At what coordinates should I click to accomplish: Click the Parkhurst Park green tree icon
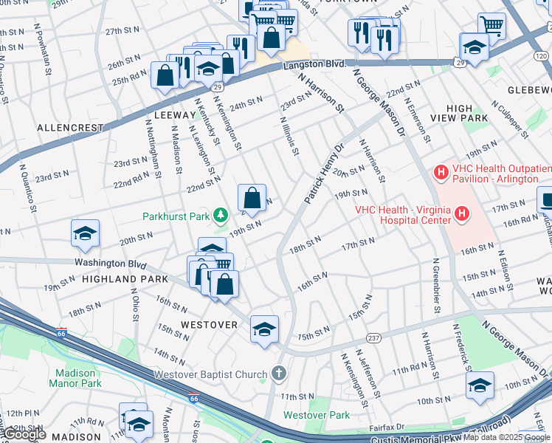coord(220,216)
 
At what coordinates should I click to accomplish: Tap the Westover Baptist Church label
coord(210,374)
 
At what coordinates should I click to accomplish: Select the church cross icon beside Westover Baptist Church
coord(278,374)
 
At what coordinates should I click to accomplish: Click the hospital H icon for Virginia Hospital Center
coord(462,214)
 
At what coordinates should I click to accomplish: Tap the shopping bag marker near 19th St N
coord(252,198)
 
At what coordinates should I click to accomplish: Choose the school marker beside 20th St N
coord(85,233)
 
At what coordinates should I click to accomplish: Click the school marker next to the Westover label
coord(264,329)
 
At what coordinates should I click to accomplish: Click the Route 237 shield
coord(374,339)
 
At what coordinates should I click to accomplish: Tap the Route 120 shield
coord(542,56)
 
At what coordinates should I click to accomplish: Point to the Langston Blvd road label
coord(314,65)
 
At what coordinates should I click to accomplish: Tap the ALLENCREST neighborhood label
coord(70,128)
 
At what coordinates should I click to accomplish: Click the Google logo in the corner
coord(24,435)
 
